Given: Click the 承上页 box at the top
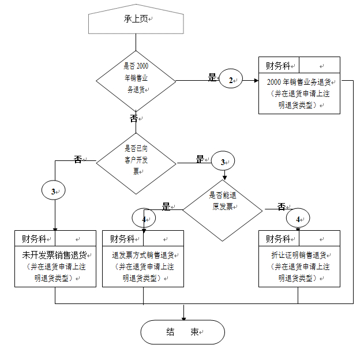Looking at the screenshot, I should tap(136, 20).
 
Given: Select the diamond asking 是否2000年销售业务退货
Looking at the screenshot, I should tap(136, 78).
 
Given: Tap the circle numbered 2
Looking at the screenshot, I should tap(231, 80).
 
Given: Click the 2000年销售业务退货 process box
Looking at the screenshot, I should tap(298, 92).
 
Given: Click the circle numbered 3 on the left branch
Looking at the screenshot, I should tap(54, 190).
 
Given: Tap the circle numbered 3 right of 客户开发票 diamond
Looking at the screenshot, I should tap(223, 163).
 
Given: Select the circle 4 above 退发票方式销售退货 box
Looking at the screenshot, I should tap(144, 219).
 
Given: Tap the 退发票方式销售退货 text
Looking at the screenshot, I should tap(143, 254).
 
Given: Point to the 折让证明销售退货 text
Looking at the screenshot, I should tap(299, 254).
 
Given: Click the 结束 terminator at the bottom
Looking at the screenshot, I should tap(183, 332).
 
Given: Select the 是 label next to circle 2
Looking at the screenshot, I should tap(211, 78).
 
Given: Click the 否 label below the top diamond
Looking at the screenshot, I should tap(134, 118).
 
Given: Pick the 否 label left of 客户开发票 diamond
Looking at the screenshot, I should tap(77, 160).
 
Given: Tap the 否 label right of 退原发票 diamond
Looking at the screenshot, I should tap(281, 207).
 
